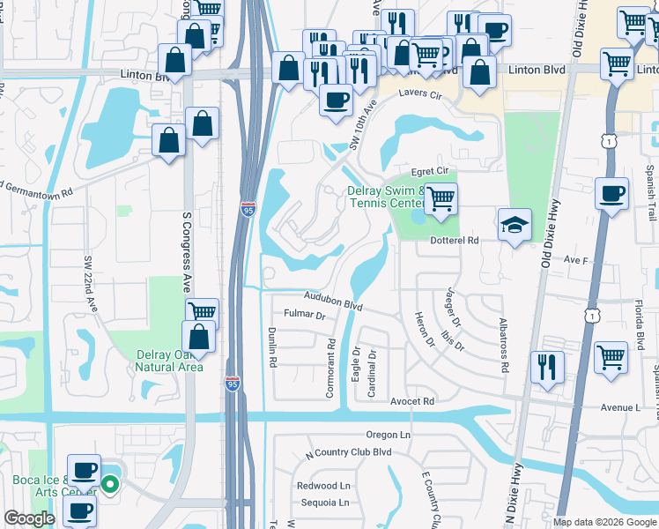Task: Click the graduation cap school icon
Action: click(x=515, y=225)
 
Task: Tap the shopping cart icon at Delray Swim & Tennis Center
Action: click(x=441, y=199)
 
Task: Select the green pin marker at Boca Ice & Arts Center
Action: click(x=110, y=484)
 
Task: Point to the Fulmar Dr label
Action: click(x=304, y=315)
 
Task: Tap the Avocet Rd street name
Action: click(x=412, y=401)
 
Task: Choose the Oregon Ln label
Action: click(x=389, y=435)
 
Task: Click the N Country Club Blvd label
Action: click(x=347, y=452)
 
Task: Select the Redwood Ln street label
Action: click(x=323, y=485)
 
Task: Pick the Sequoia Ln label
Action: click(x=322, y=503)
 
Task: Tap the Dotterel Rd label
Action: click(x=454, y=240)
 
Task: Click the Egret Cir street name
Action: click(x=431, y=173)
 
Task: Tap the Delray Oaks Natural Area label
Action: click(x=169, y=361)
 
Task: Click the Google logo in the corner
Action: click(x=29, y=518)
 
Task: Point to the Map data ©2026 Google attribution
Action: click(x=604, y=522)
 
